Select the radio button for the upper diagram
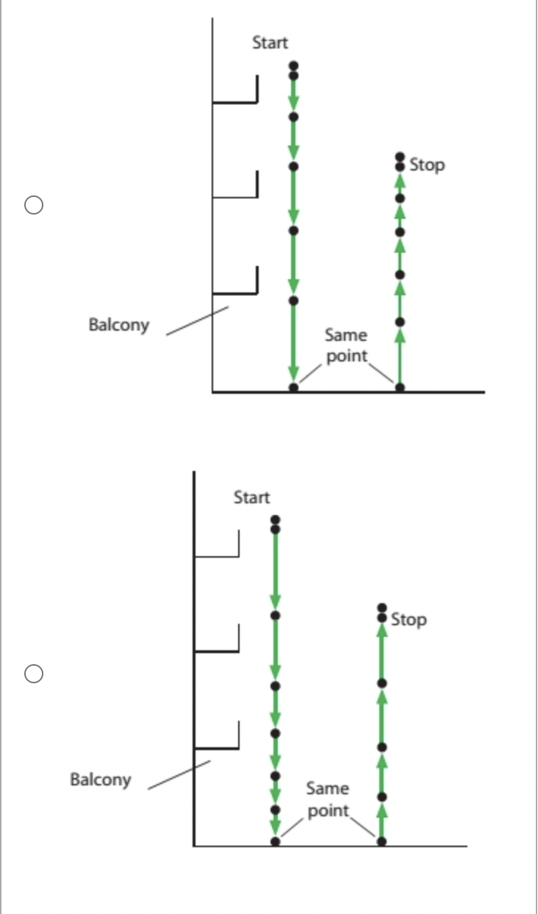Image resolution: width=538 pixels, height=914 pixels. click(33, 204)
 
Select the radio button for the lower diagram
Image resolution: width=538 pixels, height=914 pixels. click(33, 673)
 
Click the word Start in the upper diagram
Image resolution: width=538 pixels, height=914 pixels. click(270, 43)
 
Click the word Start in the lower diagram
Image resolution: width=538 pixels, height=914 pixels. click(251, 497)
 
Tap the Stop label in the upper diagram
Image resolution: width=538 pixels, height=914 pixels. click(427, 165)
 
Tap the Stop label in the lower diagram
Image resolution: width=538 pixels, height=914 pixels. click(409, 619)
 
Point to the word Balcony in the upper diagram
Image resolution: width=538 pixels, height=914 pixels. click(118, 324)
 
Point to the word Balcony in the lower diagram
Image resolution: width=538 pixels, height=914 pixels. click(100, 779)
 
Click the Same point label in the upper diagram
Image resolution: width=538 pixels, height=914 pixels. click(345, 345)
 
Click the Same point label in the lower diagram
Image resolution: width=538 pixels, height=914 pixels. click(327, 799)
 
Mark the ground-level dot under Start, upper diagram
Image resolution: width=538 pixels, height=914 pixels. click(293, 386)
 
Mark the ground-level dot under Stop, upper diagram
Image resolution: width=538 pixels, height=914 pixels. click(400, 386)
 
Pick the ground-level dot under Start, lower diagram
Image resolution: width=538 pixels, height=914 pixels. click(275, 841)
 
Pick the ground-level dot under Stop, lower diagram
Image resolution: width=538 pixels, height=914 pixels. click(381, 841)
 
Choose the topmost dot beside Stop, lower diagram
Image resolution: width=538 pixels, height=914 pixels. click(381, 608)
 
